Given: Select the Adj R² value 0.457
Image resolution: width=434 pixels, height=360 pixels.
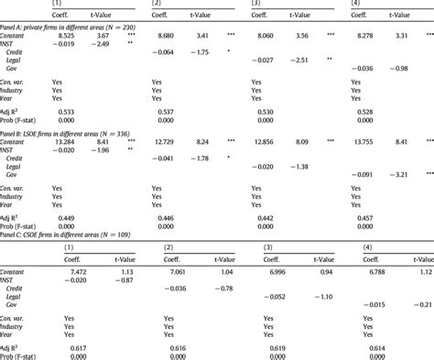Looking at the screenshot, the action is coord(362,219).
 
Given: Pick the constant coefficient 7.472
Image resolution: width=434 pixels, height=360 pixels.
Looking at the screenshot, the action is coord(75,271).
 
